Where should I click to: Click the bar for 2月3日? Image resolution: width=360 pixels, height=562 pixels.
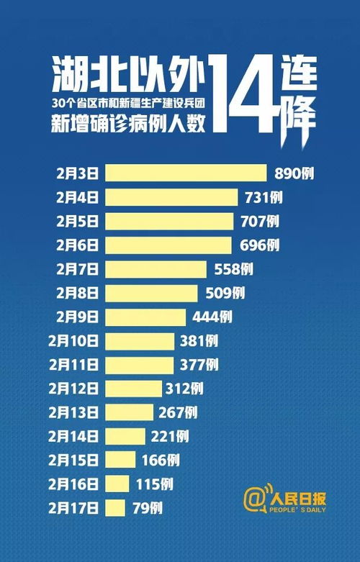186,173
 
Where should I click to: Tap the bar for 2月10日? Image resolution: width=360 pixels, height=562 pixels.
140,340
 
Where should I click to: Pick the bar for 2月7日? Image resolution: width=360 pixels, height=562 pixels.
156,269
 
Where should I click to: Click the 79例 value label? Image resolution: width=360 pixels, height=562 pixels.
148,508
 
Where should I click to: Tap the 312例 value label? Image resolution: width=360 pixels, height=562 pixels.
186,389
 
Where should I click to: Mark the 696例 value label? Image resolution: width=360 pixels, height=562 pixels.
259,245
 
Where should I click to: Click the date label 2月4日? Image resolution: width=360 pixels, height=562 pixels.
80,197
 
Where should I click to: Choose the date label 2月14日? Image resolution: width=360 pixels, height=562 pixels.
76,436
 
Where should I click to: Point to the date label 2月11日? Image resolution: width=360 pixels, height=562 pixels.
76,365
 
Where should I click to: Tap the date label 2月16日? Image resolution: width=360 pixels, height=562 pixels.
76,484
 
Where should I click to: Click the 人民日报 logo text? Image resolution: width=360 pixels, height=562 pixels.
297,496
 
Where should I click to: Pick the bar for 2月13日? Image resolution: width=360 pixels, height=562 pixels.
130,412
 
